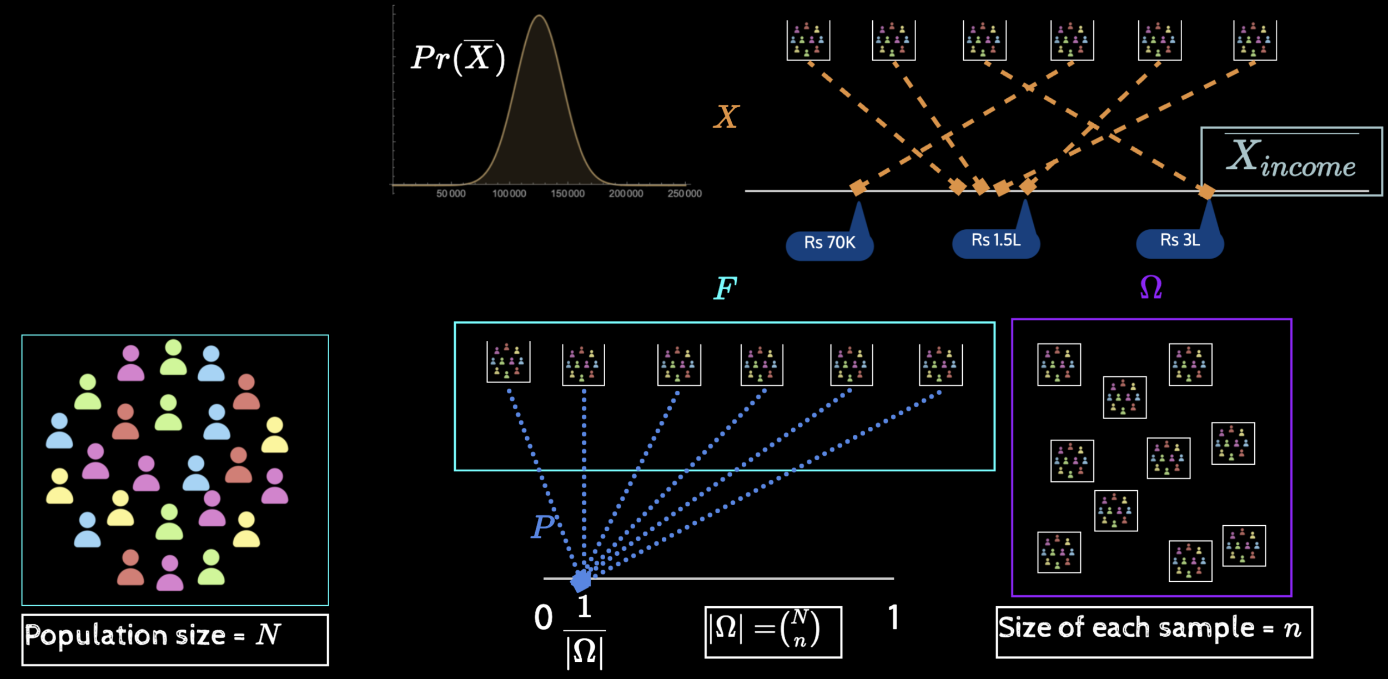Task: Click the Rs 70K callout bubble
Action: [829, 243]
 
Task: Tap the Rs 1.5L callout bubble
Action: [995, 240]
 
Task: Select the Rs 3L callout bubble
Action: [1180, 240]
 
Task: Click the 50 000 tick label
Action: [451, 194]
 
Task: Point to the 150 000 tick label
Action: [567, 194]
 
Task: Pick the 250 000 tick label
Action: [685, 194]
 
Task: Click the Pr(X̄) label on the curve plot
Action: [458, 58]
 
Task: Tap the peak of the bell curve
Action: [539, 17]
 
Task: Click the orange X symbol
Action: [726, 117]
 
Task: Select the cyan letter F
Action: [725, 288]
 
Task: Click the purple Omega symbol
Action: [1151, 288]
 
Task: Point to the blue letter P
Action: [543, 526]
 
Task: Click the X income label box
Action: [1291, 161]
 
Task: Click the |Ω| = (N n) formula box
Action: [773, 632]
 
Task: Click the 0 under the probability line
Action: [544, 618]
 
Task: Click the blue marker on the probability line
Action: [581, 581]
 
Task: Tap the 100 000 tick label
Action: [509, 194]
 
